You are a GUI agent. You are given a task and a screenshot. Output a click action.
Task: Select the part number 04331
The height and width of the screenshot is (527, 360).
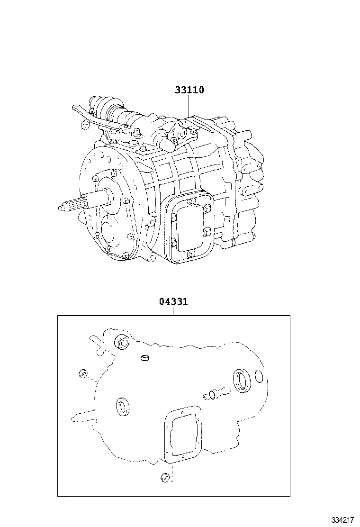point(173,301)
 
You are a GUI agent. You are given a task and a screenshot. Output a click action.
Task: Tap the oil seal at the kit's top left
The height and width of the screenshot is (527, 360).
point(122,342)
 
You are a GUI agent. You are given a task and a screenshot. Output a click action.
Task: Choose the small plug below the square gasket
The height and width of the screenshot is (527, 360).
point(164,477)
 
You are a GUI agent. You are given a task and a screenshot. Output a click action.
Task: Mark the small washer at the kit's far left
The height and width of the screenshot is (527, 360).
point(82,373)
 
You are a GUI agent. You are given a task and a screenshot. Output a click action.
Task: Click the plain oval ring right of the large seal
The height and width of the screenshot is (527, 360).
point(259,377)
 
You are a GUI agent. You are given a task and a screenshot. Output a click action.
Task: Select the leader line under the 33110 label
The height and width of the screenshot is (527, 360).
point(189,105)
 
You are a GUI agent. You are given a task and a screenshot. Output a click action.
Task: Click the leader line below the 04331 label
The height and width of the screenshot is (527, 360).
point(173,311)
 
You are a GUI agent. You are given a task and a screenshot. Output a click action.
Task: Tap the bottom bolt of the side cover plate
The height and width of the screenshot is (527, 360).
point(190,254)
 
